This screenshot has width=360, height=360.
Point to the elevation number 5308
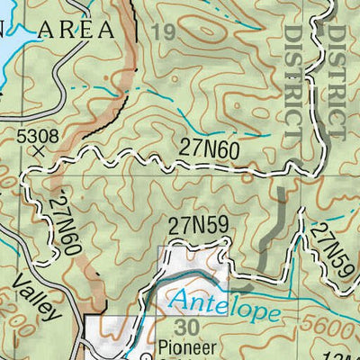(x=38, y=135)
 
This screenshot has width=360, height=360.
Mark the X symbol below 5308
(x=38, y=152)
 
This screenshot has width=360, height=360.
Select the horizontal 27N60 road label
(x=209, y=148)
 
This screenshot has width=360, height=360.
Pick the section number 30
(x=188, y=327)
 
